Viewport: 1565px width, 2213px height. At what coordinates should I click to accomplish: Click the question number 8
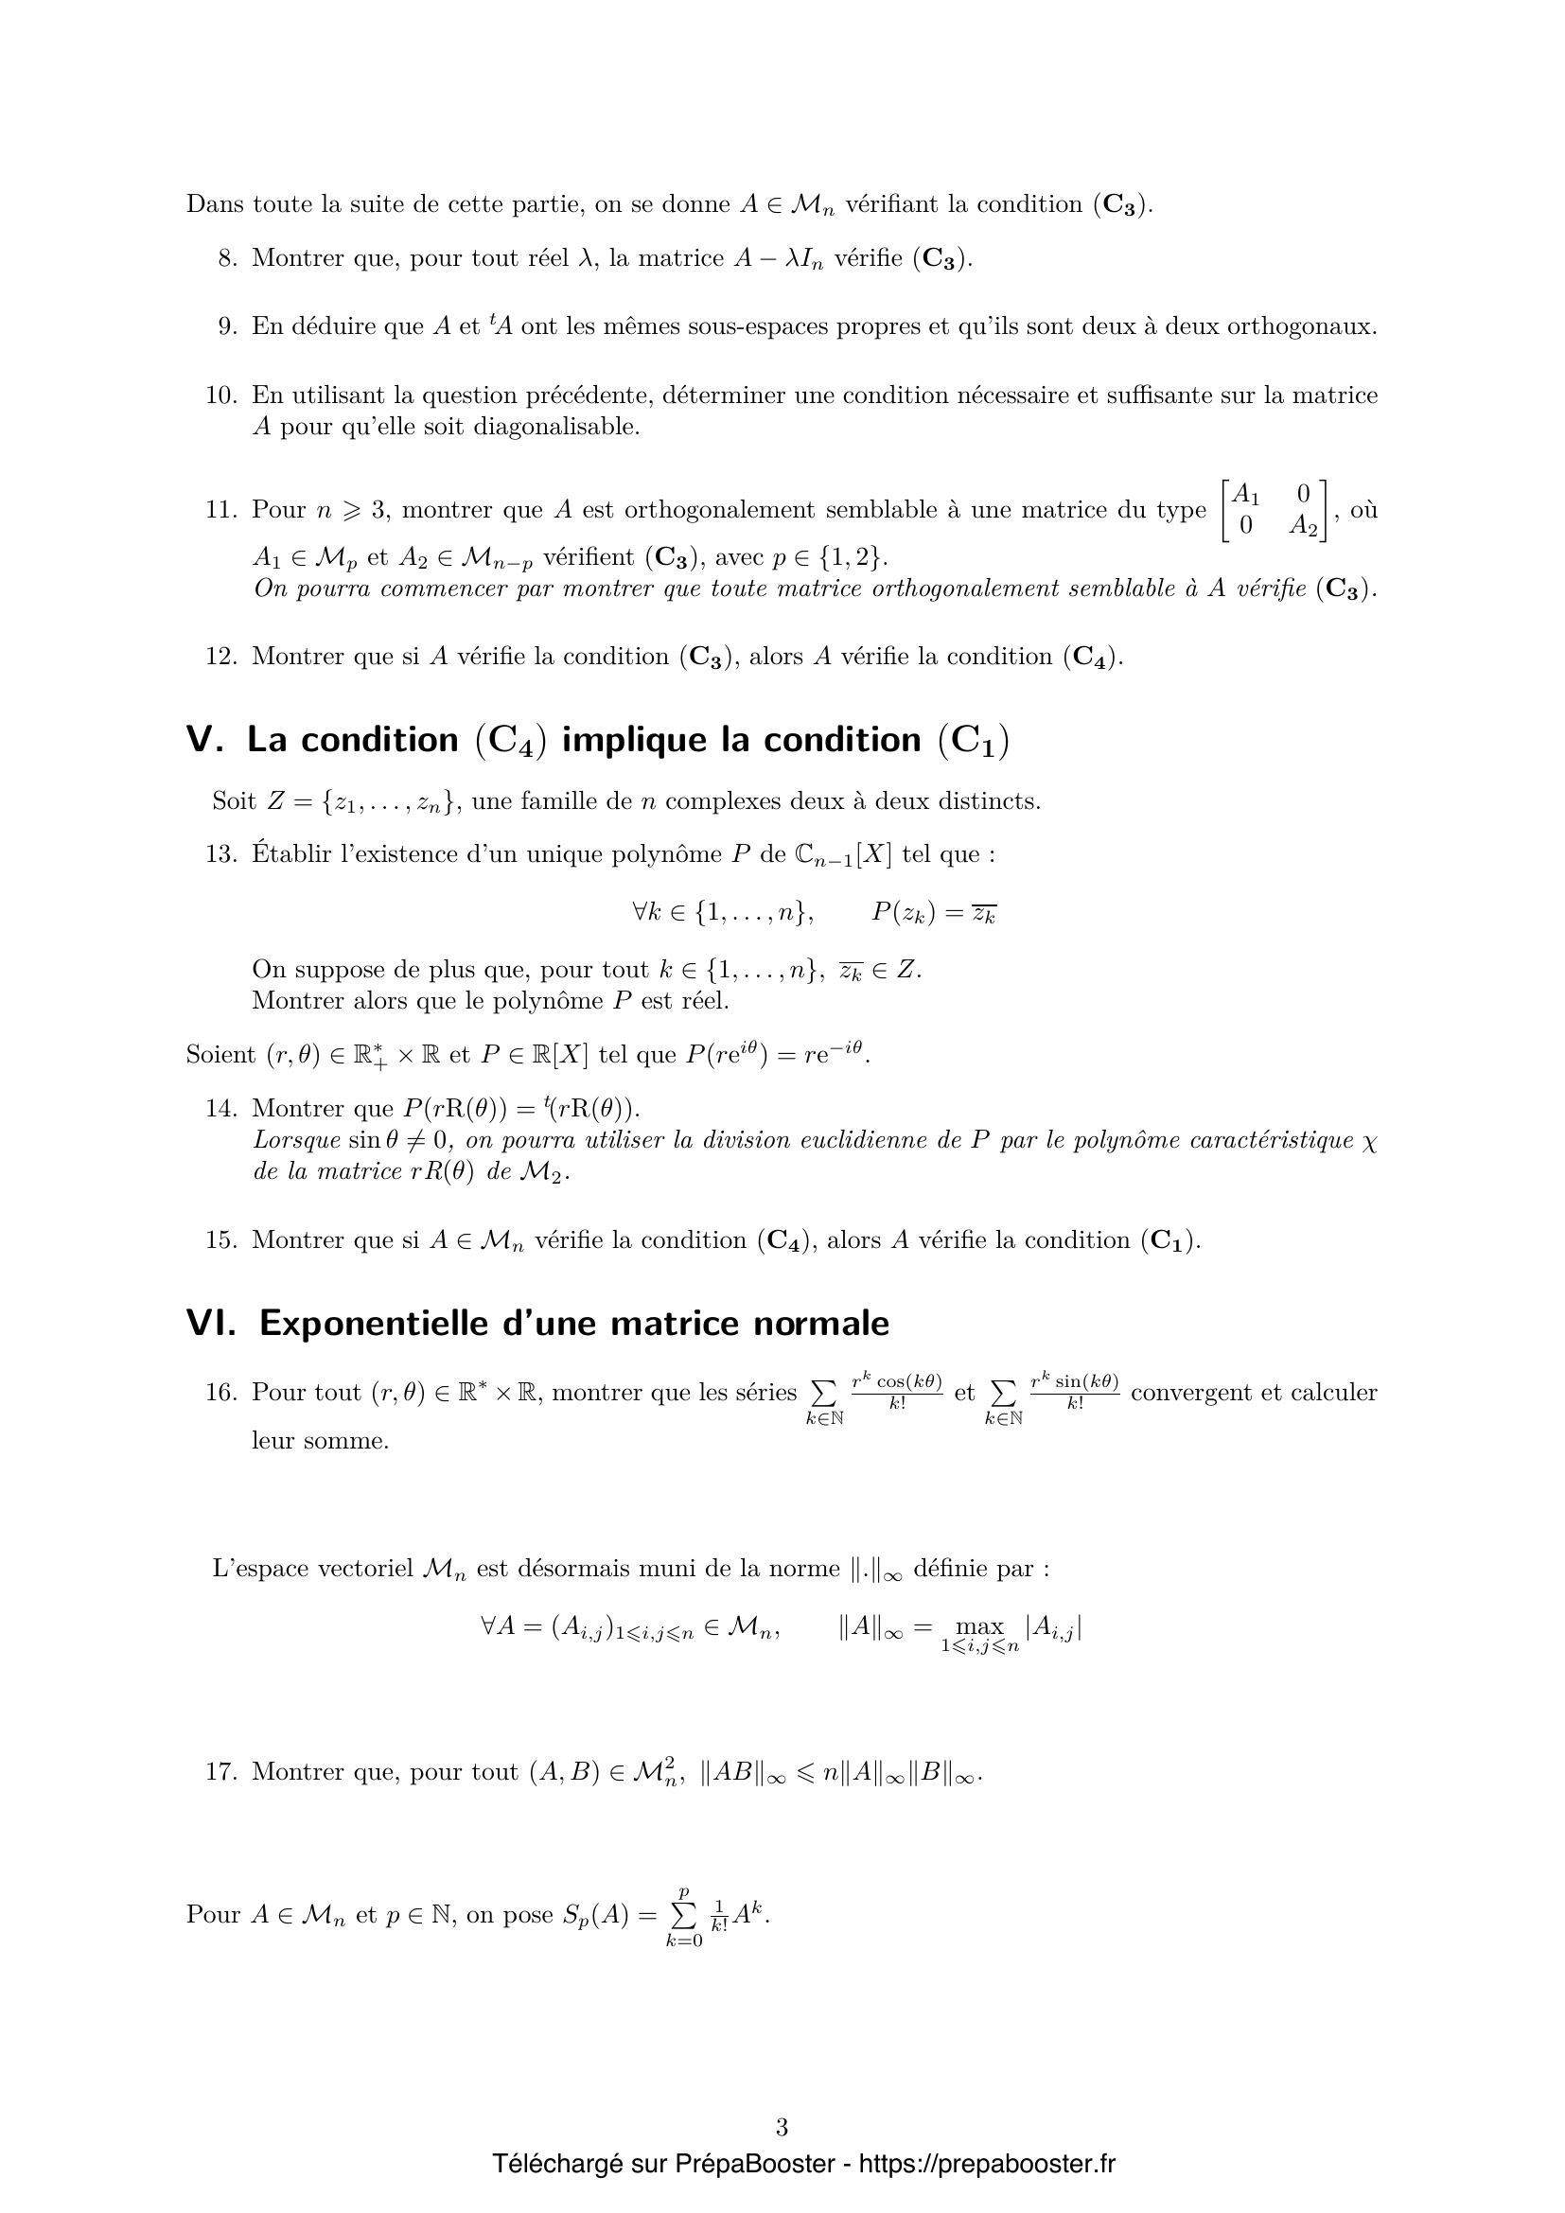click(226, 258)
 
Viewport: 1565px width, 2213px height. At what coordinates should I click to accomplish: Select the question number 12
click(220, 657)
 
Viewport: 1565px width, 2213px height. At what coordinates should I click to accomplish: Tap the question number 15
click(220, 1239)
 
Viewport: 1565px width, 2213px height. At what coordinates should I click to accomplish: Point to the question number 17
click(220, 1771)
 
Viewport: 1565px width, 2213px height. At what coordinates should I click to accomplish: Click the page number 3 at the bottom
click(782, 2126)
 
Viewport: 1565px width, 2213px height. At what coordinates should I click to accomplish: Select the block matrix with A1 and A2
click(1273, 511)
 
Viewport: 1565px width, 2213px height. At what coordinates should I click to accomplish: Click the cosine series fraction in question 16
click(896, 1391)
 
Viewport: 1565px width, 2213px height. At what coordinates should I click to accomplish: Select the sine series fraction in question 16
click(1075, 1391)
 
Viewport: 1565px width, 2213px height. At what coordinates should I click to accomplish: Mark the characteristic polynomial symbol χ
click(1370, 1142)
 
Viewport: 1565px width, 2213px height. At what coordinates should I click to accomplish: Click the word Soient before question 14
click(220, 1056)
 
